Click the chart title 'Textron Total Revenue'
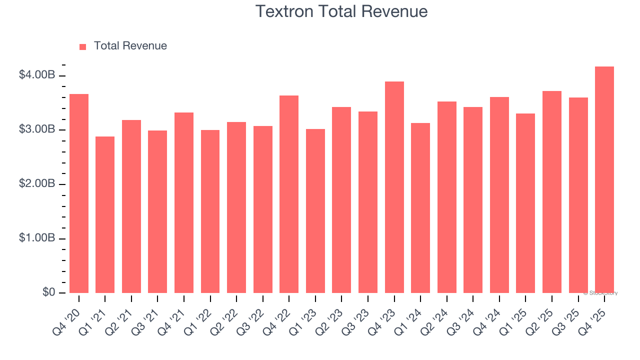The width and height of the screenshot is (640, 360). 341,11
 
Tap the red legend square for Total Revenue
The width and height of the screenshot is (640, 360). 83,46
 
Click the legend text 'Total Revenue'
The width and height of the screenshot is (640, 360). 130,46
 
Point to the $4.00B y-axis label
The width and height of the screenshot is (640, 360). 37,75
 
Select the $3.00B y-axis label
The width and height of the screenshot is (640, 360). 37,129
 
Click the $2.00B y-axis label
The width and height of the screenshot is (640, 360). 37,183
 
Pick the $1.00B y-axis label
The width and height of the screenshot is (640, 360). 37,238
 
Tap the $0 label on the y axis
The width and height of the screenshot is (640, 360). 48,292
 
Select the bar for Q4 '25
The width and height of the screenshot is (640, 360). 604,180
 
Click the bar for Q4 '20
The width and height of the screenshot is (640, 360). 79,193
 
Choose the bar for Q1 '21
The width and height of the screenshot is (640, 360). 105,215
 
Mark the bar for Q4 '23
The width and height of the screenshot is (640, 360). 394,187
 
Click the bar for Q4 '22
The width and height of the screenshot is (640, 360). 289,194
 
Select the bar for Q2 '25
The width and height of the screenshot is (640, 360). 551,192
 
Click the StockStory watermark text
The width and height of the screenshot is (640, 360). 600,293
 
